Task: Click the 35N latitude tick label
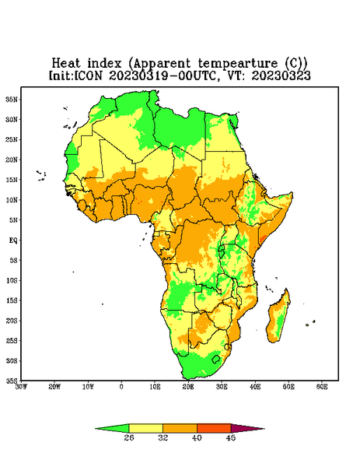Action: (x=12, y=99)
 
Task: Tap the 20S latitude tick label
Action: (x=12, y=321)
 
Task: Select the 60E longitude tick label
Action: (x=322, y=387)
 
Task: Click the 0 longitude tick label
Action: (x=121, y=387)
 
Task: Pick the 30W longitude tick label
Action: (x=22, y=387)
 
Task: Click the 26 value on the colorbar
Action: (x=129, y=437)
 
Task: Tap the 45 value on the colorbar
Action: (x=231, y=437)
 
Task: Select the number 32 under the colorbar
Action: (x=163, y=437)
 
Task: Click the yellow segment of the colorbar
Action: (x=145, y=428)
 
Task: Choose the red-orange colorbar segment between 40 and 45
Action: (x=214, y=428)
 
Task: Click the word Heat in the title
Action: (x=66, y=64)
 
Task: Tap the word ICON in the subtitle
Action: (x=88, y=75)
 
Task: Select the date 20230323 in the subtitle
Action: (x=281, y=75)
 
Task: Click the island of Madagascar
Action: (x=279, y=318)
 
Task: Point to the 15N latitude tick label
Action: (x=12, y=180)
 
